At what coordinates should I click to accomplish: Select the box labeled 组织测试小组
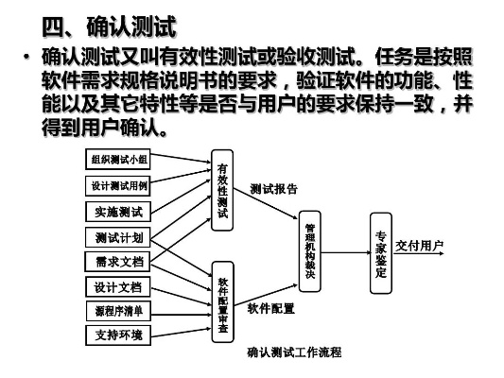pyautogui.click(x=119, y=160)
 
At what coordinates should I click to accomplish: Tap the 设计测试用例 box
pyautogui.click(x=119, y=185)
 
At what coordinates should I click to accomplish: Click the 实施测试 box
pyautogui.click(x=119, y=211)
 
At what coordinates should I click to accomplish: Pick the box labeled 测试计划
pyautogui.click(x=119, y=236)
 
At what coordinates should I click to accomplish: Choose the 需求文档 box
pyautogui.click(x=119, y=261)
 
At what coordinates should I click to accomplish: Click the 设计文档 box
pyautogui.click(x=119, y=286)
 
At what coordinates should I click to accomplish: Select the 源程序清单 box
pyautogui.click(x=119, y=311)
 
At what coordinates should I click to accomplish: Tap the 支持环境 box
pyautogui.click(x=119, y=335)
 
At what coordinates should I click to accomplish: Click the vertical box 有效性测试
pyautogui.click(x=223, y=189)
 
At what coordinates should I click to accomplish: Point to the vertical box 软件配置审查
pyautogui.click(x=223, y=301)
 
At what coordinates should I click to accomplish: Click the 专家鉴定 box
pyautogui.click(x=380, y=253)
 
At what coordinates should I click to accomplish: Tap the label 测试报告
pyautogui.click(x=273, y=190)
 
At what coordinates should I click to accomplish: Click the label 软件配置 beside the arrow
pyautogui.click(x=271, y=309)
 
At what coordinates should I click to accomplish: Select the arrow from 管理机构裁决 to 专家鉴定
pyautogui.click(x=346, y=252)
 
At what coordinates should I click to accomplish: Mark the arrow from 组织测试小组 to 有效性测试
pyautogui.click(x=180, y=160)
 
